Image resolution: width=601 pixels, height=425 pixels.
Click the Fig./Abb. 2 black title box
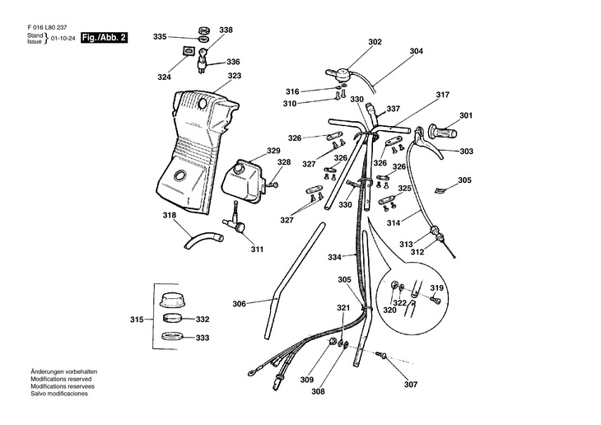[x=104, y=38]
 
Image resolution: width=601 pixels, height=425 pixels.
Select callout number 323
[x=235, y=76]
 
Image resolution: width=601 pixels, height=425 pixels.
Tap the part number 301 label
[x=466, y=115]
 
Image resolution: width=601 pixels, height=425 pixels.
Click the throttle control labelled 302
[x=338, y=74]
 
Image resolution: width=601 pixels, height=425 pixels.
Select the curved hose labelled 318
[x=203, y=241]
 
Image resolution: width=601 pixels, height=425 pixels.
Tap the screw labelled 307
[x=382, y=356]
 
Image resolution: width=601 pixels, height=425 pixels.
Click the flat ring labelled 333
[x=172, y=336]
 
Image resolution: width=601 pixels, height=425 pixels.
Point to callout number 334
[x=334, y=257]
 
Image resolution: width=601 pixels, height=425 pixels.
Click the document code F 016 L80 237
[x=47, y=28]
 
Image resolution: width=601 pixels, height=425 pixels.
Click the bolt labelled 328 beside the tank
[x=273, y=185]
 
